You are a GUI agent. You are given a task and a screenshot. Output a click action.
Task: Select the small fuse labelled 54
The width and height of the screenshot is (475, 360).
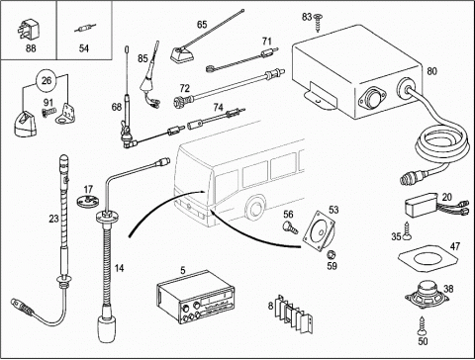pos(84,30)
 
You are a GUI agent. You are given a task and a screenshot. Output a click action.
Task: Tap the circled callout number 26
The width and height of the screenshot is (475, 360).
pos(47,80)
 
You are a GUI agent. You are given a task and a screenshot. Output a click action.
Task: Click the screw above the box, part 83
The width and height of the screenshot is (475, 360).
pos(318,22)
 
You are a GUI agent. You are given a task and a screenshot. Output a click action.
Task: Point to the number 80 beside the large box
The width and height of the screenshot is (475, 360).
pos(431,71)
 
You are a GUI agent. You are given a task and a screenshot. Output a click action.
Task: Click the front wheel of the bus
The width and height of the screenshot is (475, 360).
pos(255,208)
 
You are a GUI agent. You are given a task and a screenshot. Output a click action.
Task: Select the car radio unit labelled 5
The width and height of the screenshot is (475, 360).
pos(196,297)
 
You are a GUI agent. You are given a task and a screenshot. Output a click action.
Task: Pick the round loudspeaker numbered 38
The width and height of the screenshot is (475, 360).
pos(427,295)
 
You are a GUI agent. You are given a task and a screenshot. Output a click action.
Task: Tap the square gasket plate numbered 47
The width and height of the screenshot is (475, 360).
pos(428,257)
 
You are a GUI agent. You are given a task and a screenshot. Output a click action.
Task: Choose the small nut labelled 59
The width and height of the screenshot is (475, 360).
pos(330,254)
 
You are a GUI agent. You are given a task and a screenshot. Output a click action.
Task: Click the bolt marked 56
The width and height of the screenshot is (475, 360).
pos(290,227)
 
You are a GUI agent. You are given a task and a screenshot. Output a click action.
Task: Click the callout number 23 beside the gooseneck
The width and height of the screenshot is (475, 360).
pos(53,219)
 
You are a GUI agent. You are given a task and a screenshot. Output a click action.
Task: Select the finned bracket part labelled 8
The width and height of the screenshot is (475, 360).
pos(294,315)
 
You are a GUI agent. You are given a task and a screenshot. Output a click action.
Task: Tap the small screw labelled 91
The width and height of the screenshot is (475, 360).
pos(48,113)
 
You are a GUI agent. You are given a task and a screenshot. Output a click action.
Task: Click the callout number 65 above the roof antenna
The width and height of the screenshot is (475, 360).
pos(202,25)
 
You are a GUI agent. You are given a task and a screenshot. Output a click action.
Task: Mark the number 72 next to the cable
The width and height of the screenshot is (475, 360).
pos(185,88)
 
